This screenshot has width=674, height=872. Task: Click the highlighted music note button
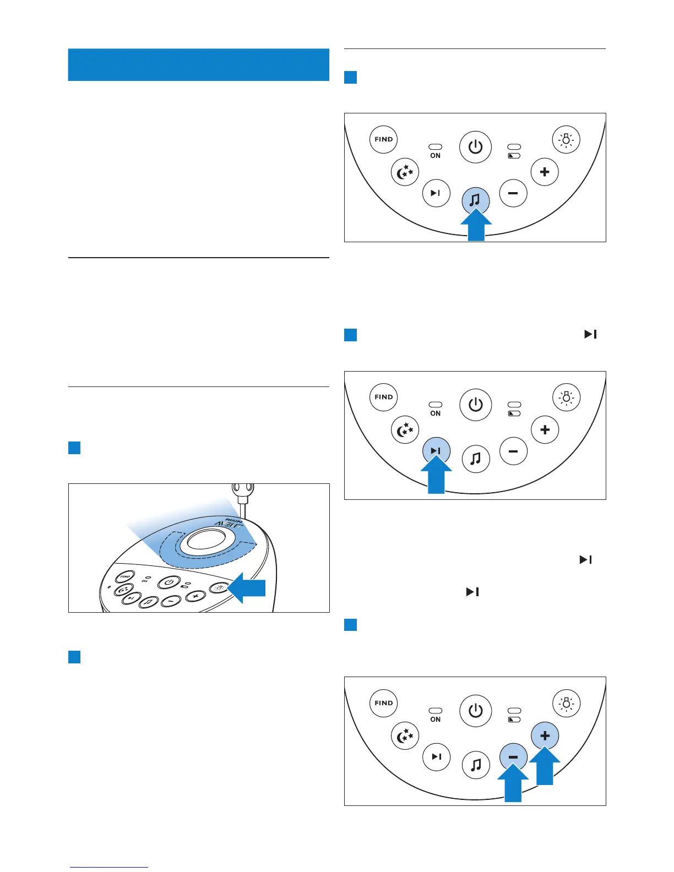tap(476, 200)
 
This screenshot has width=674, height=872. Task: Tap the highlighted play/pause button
tap(436, 451)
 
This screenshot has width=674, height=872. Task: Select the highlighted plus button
tap(545, 735)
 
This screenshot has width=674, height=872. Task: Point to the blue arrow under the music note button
tap(476, 226)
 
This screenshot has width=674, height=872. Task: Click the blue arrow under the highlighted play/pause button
tap(436, 476)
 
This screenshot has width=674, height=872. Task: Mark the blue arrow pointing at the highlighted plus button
tap(545, 766)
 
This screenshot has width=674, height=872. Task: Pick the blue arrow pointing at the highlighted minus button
tap(513, 783)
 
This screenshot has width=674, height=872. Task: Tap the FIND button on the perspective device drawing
tap(125, 577)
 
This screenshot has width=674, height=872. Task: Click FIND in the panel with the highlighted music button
tap(383, 139)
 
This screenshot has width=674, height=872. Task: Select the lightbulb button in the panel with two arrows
tap(566, 703)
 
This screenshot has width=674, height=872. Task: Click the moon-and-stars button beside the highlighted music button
tap(405, 172)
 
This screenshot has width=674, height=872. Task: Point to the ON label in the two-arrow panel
tap(435, 720)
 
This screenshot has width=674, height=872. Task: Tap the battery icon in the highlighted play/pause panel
tap(514, 413)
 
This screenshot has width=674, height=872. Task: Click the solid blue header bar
tap(198, 65)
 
